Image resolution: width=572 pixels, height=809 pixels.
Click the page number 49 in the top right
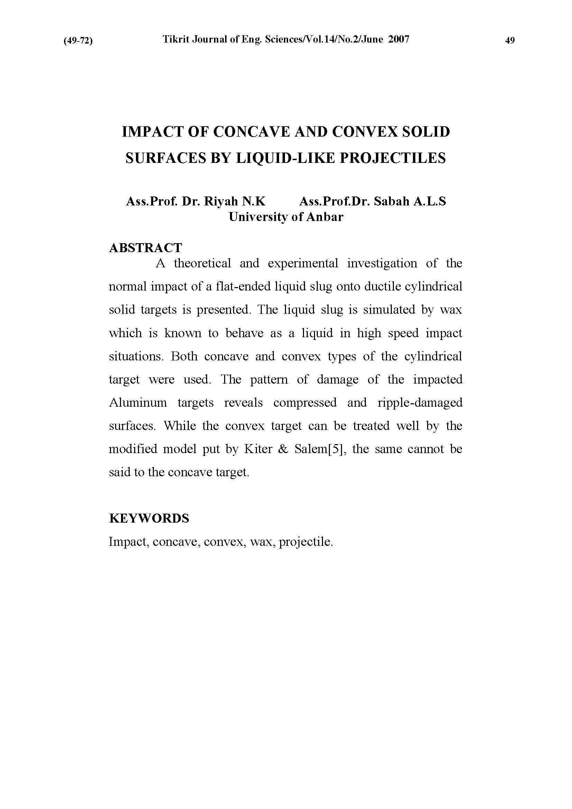(510, 40)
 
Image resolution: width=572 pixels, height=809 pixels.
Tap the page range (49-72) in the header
(78, 41)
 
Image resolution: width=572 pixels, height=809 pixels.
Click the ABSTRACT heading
(146, 248)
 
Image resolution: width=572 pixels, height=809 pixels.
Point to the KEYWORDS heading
(149, 518)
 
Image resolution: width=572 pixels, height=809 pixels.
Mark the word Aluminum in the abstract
(138, 402)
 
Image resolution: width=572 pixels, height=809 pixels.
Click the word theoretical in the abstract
(202, 263)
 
